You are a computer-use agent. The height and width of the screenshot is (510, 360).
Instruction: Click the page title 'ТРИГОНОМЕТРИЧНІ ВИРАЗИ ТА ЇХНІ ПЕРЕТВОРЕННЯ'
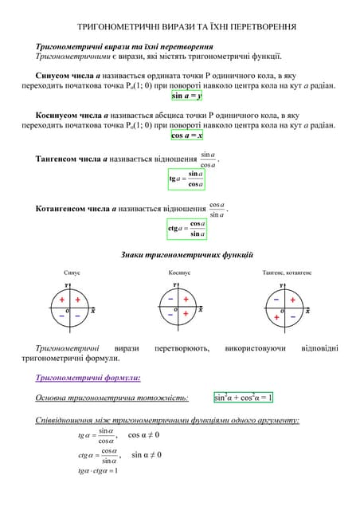click(180, 27)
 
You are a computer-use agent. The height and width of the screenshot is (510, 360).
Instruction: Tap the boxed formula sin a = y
click(187, 96)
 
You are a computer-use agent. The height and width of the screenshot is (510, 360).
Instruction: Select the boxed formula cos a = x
click(187, 135)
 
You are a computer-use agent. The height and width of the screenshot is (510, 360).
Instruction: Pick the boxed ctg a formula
click(187, 229)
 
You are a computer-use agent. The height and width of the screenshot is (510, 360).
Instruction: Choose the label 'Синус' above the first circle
click(72, 273)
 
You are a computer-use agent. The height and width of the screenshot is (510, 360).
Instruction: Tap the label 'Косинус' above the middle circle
click(179, 273)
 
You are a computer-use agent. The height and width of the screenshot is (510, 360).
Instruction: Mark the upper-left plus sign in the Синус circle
click(62, 300)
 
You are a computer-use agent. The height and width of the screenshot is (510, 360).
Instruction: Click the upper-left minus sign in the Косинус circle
click(171, 300)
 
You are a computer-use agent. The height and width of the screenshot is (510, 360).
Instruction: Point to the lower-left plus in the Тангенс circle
click(276, 317)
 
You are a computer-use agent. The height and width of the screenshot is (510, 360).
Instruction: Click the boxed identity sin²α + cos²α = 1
click(243, 398)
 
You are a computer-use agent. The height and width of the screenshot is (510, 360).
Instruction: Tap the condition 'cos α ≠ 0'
click(143, 435)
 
